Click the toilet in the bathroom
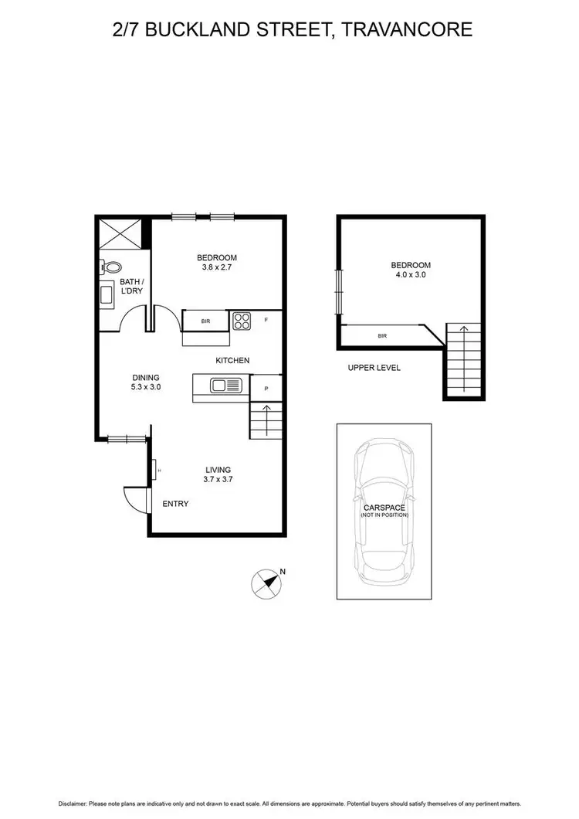(x=110, y=267)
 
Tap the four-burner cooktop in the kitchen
(x=242, y=320)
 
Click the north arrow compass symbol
(x=267, y=583)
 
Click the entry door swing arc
(x=133, y=498)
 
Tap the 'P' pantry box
(x=266, y=388)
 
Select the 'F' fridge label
(x=266, y=319)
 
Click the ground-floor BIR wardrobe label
(x=205, y=320)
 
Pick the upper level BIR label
(x=382, y=336)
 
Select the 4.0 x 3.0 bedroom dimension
(x=411, y=274)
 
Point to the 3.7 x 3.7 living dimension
(x=218, y=479)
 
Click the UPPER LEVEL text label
(x=374, y=368)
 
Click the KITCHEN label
(x=232, y=361)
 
